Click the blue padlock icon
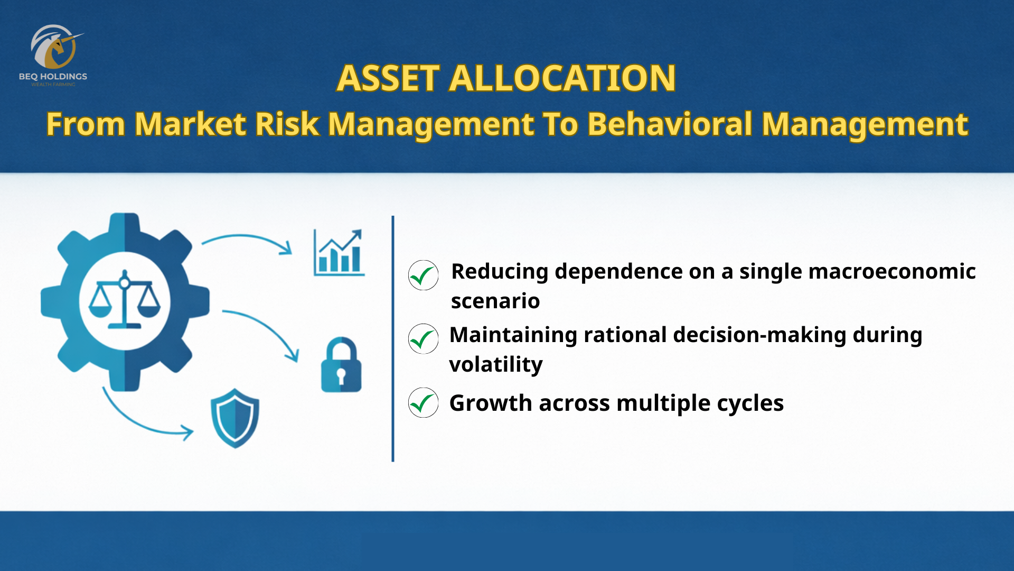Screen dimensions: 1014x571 [x=341, y=365]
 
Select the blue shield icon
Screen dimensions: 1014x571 [x=235, y=418]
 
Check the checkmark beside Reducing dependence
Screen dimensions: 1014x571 [x=423, y=275]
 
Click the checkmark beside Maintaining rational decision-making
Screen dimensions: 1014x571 [x=423, y=338]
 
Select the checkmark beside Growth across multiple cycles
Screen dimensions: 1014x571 [x=423, y=402]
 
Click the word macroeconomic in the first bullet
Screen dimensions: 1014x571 [x=892, y=271]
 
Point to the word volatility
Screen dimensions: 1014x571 [x=496, y=365]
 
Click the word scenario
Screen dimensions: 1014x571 [x=495, y=301]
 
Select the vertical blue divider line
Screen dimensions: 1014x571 [x=393, y=338]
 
